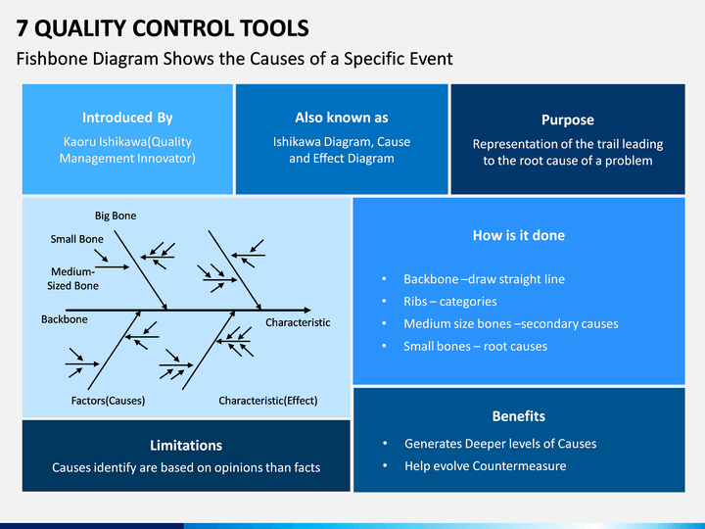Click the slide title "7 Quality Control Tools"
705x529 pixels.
[163, 28]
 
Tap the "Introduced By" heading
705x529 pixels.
[127, 118]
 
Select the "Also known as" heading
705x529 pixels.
[342, 118]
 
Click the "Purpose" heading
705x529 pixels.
[568, 120]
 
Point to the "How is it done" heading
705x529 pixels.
[519, 235]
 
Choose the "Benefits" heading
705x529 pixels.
[519, 416]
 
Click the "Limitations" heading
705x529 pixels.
[186, 446]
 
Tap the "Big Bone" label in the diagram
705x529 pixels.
[116, 216]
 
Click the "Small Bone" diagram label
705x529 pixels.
[77, 239]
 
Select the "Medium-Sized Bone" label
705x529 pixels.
[72, 278]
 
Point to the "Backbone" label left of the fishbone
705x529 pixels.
[65, 319]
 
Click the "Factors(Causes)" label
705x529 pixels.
[108, 401]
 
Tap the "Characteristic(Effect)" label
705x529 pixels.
[268, 401]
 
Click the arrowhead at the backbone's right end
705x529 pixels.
[307, 310]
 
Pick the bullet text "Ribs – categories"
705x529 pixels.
[450, 302]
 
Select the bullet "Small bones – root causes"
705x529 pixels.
[475, 347]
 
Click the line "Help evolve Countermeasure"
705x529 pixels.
[485, 466]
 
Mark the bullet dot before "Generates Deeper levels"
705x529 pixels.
[385, 444]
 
